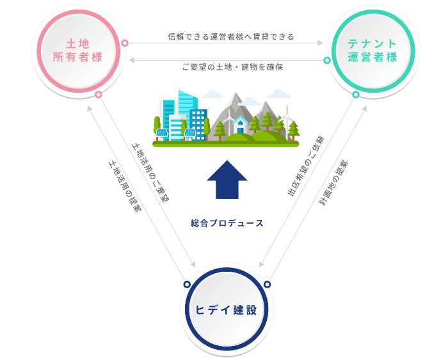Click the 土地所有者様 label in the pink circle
point(78,51)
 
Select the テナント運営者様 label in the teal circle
point(372,51)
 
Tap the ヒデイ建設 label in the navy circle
point(227,309)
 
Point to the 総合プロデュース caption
point(227,223)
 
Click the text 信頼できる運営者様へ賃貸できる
point(231,37)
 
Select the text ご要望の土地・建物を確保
point(232,67)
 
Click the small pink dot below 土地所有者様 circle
point(99,95)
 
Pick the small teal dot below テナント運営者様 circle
point(356,95)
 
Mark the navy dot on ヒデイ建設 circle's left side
point(187,284)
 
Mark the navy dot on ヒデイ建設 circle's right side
point(268,284)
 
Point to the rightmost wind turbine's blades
point(286,115)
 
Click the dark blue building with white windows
point(198,123)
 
